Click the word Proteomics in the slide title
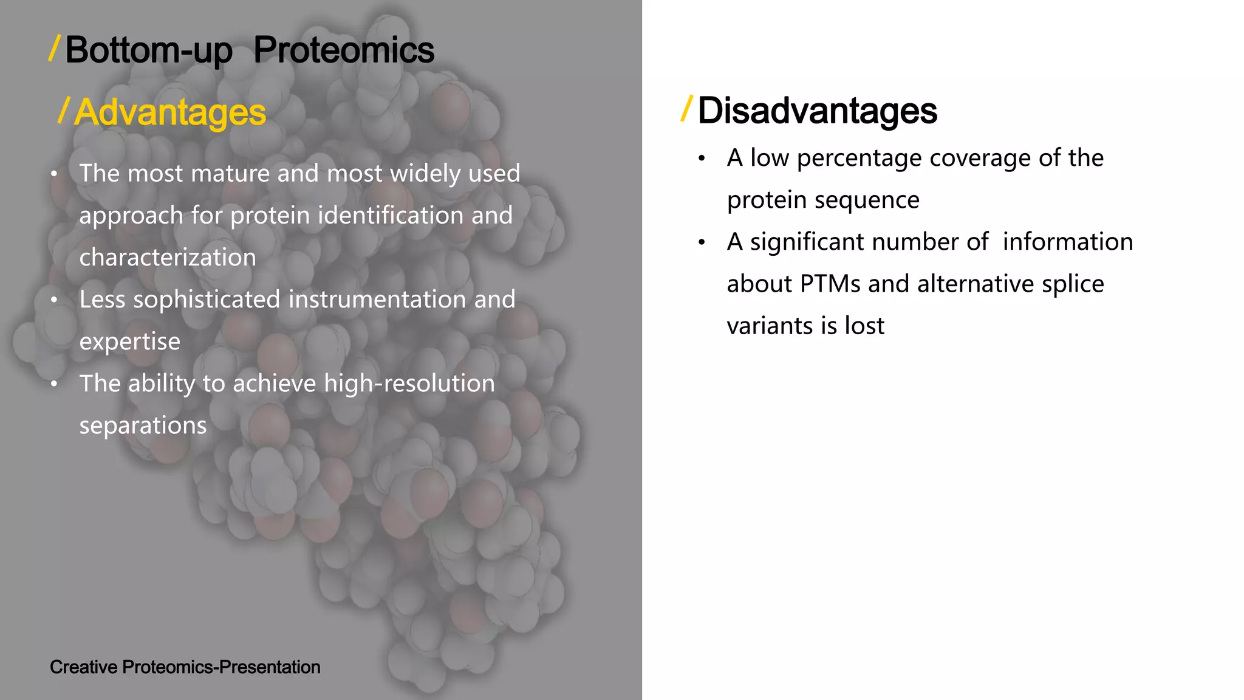coord(344,50)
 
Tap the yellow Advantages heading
coord(170,112)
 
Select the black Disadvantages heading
coord(817,111)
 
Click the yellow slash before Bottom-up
coord(54,48)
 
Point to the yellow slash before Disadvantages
coord(687,109)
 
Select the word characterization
coord(168,258)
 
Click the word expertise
coord(130,341)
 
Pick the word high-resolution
coord(409,383)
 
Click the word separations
coord(143,425)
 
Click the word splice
coord(1073,284)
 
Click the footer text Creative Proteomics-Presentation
coord(185,667)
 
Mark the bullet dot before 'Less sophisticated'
coord(54,300)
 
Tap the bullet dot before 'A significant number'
coord(702,242)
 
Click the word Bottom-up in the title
coord(148,50)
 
